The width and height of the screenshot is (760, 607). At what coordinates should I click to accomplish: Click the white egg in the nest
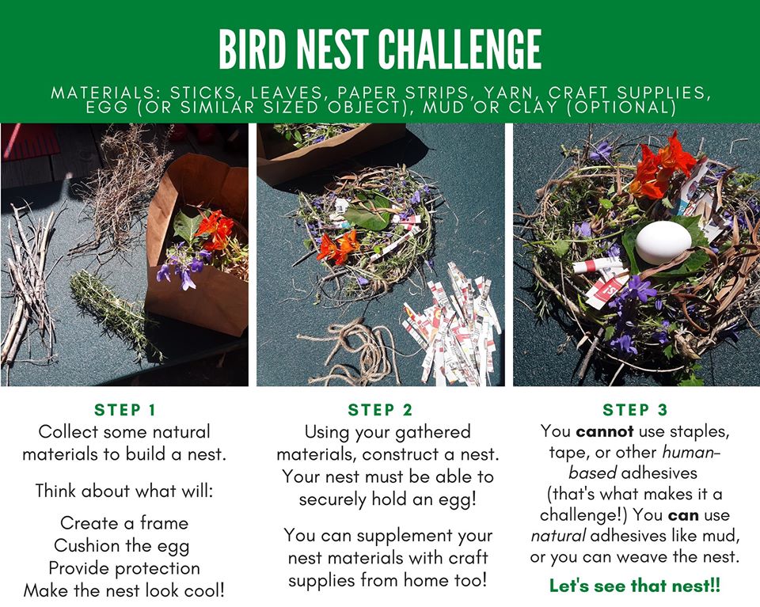tap(659, 241)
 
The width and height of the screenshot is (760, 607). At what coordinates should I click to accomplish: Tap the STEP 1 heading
tap(125, 410)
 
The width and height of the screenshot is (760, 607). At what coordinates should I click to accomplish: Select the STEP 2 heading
tap(380, 410)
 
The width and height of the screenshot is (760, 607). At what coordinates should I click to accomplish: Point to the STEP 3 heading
tap(635, 410)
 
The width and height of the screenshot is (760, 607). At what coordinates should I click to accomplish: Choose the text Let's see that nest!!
tap(635, 586)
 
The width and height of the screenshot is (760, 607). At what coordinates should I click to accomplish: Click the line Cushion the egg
tap(125, 546)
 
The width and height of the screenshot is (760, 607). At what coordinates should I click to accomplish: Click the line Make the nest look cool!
tap(125, 590)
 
